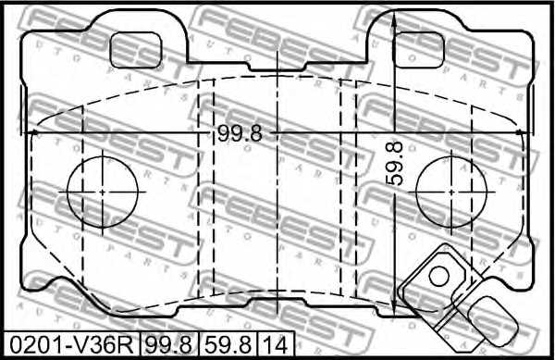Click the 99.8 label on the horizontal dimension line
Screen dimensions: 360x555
pos(240,133)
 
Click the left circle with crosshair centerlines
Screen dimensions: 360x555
pos(104,192)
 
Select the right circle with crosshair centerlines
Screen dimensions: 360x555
pos(451,192)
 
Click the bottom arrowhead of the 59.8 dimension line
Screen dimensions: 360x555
pos(395,313)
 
